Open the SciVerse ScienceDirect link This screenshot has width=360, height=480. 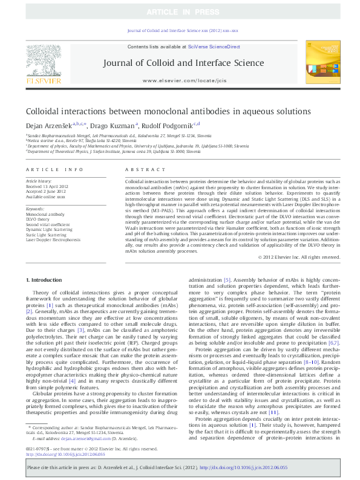[x=214, y=47]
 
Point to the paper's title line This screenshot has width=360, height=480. [x=160, y=112]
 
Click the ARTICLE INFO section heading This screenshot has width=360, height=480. [x=55, y=170]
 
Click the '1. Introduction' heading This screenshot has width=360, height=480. [x=45, y=279]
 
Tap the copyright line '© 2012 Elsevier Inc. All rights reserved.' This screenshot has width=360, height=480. [x=299, y=256]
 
